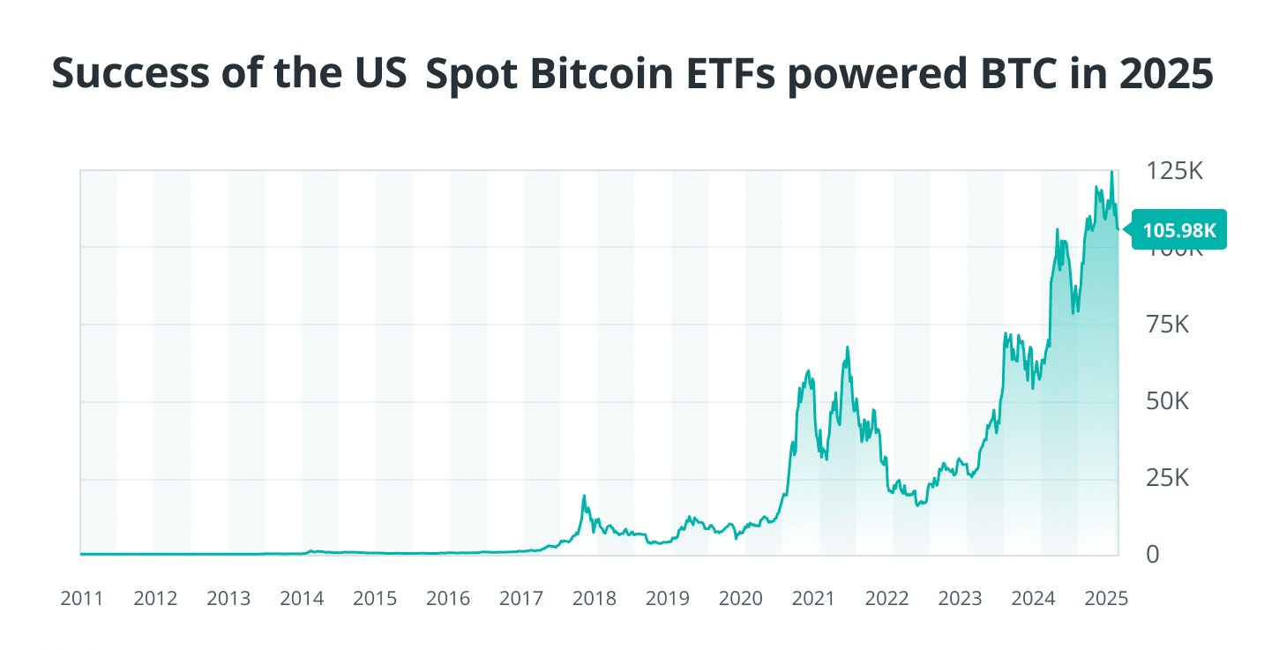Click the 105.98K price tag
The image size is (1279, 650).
tap(1178, 230)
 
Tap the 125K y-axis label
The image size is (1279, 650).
tap(1174, 171)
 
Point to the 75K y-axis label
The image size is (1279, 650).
tap(1168, 325)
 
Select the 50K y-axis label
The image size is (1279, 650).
tap(1168, 402)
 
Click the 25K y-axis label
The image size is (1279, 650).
tap(1168, 479)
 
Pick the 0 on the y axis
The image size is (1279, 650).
tap(1152, 555)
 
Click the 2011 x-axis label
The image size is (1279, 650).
tap(82, 599)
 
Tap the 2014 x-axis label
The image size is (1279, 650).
tap(302, 599)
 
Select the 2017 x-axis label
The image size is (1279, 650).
tap(521, 599)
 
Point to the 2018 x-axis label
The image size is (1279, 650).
tap(595, 599)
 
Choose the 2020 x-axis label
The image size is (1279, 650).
tap(741, 599)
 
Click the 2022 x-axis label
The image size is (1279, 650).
tap(887, 599)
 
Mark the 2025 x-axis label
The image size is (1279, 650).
tap(1106, 599)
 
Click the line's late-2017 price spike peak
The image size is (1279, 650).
tap(584, 496)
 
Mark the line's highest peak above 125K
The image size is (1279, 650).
tap(1111, 173)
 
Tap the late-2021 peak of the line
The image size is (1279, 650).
tap(848, 347)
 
